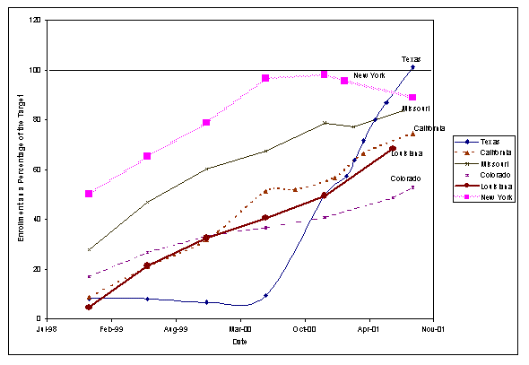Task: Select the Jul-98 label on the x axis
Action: (x=47, y=330)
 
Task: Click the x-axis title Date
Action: (x=239, y=342)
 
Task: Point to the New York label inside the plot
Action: (x=369, y=75)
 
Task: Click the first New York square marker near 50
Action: (x=89, y=194)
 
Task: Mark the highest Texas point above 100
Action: (x=412, y=67)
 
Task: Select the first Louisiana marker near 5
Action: (x=89, y=307)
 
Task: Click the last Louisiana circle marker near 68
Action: (x=393, y=149)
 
